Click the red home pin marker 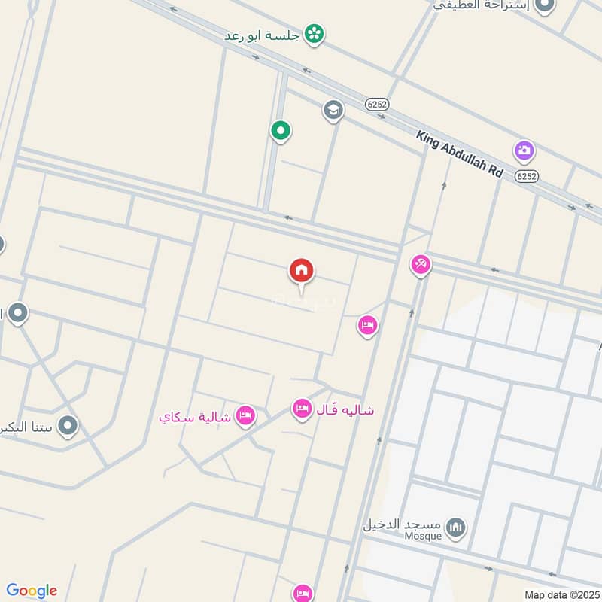pyautogui.click(x=301, y=270)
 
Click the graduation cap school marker pyautogui.click(x=333, y=110)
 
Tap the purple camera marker pyautogui.click(x=524, y=150)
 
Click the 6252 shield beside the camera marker pyautogui.click(x=528, y=175)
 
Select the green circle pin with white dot pyautogui.click(x=281, y=132)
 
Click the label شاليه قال pyautogui.click(x=343, y=411)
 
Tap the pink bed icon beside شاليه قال pyautogui.click(x=302, y=409)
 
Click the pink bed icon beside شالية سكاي pyautogui.click(x=245, y=415)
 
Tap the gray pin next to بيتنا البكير pyautogui.click(x=68, y=427)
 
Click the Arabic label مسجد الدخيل pyautogui.click(x=401, y=524)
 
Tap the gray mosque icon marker pyautogui.click(x=455, y=528)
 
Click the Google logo pyautogui.click(x=32, y=590)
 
